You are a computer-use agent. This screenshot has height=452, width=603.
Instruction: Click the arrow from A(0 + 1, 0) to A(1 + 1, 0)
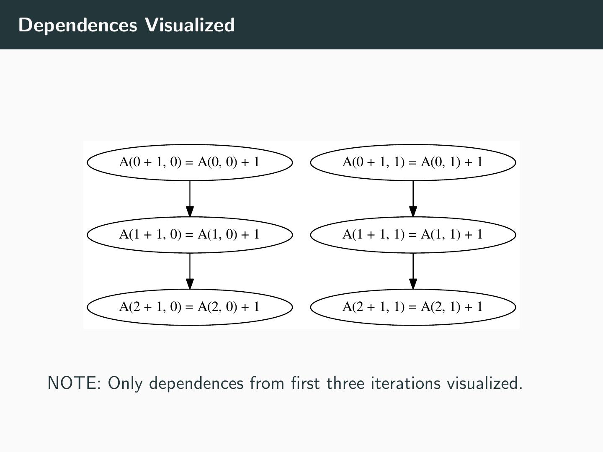pyautogui.click(x=190, y=199)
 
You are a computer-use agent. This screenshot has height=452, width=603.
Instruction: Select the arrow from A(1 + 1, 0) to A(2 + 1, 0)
pyautogui.click(x=190, y=271)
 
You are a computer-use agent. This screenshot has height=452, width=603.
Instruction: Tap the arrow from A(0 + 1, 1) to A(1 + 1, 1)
pyautogui.click(x=413, y=199)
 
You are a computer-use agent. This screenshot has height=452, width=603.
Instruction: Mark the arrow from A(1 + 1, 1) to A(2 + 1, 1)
pyautogui.click(x=413, y=271)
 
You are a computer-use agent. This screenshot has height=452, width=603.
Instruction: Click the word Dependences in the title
pyautogui.click(x=78, y=25)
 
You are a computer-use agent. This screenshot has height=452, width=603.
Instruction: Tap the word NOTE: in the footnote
pyautogui.click(x=74, y=383)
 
